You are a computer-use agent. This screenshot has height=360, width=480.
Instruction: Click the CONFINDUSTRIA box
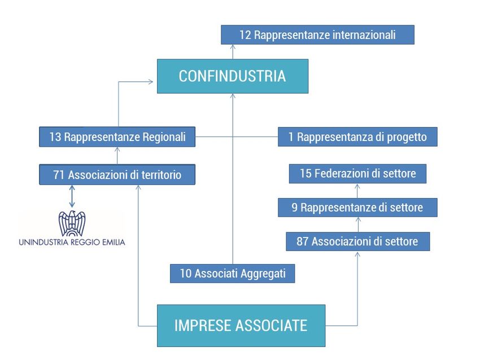[x=232, y=76]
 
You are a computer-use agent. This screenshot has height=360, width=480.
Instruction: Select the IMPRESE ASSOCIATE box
[x=241, y=326]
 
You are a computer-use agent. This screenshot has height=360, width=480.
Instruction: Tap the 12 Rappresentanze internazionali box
[x=317, y=35]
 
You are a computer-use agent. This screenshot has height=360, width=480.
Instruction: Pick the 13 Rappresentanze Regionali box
[x=117, y=137]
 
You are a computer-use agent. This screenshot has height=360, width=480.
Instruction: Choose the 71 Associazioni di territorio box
[x=117, y=175]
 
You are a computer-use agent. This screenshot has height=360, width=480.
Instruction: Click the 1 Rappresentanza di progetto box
[x=357, y=137]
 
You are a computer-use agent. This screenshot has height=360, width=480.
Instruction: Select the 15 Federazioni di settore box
[x=357, y=174]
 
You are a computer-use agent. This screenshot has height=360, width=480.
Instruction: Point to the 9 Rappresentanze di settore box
[x=357, y=208]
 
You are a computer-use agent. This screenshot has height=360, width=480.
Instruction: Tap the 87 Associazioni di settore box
[x=357, y=242]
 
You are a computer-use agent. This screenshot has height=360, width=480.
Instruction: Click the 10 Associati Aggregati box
[x=233, y=274]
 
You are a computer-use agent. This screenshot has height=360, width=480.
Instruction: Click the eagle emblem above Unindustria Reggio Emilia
[x=72, y=223]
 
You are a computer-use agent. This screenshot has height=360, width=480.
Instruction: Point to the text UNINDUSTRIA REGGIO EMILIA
[x=72, y=242]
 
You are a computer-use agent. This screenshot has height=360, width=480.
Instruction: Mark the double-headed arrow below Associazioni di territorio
[x=72, y=195]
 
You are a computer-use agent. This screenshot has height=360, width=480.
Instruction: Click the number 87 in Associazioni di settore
[x=303, y=242]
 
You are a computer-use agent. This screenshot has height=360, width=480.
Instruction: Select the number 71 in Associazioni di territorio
[x=59, y=175]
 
